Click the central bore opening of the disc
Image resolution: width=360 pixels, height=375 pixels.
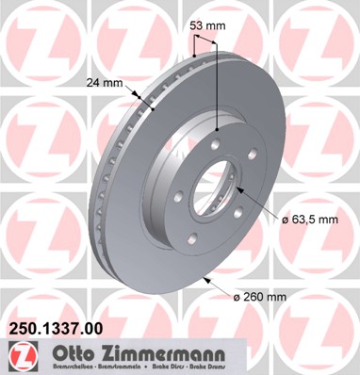click(x=220, y=184)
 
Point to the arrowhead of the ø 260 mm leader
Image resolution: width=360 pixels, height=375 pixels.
click(x=205, y=277)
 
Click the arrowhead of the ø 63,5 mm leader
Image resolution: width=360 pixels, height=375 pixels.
click(x=243, y=189)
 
